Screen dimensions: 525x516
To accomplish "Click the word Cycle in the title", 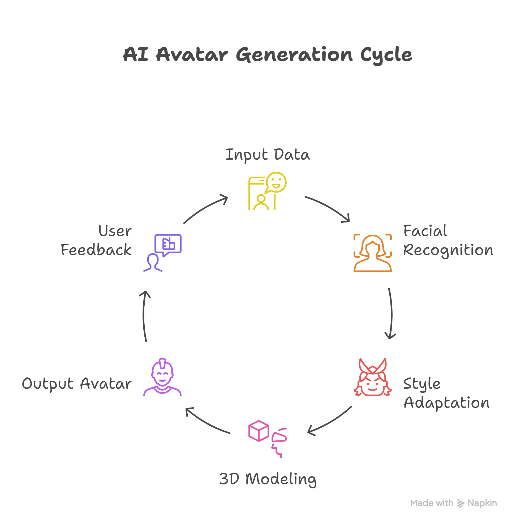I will point(386,55).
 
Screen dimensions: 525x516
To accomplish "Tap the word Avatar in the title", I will point(192,55).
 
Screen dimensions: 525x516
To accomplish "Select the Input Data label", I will point(267,155).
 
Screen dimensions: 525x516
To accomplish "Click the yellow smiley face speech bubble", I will point(276,182).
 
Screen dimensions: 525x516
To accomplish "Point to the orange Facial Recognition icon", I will point(372,253).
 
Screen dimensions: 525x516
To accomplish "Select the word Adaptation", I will point(446,403).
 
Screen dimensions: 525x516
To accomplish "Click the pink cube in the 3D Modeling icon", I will point(259,431).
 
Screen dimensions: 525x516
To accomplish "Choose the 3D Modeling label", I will point(268,479).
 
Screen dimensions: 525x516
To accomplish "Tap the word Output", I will point(48,384).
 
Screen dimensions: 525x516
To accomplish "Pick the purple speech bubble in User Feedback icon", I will point(168,244).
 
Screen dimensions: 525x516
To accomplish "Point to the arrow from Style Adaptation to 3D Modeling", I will point(330,421).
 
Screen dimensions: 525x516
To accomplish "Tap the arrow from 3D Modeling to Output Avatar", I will point(207,422).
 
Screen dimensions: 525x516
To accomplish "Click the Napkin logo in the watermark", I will point(461,503).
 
